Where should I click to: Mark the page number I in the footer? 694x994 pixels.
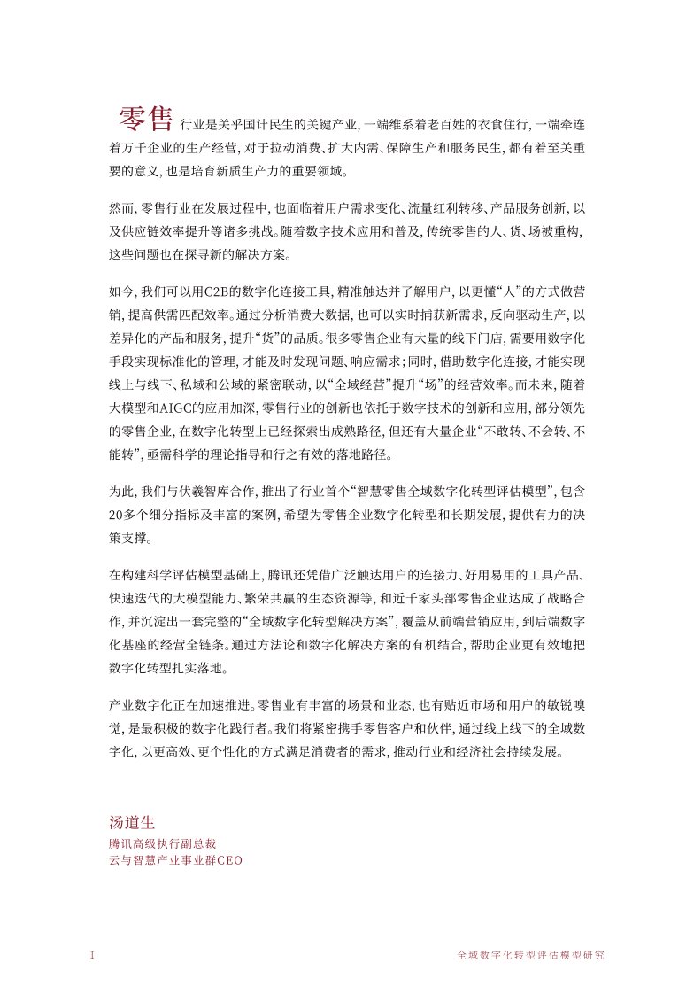92,956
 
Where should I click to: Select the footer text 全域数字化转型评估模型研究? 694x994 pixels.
530,956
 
